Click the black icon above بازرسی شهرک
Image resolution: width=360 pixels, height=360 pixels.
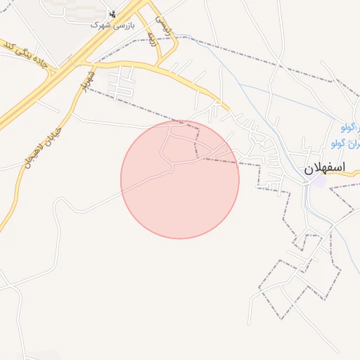coord(112,13)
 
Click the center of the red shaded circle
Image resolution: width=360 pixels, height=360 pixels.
coord(180,179)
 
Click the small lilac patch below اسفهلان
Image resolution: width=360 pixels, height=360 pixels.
coord(319,181)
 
